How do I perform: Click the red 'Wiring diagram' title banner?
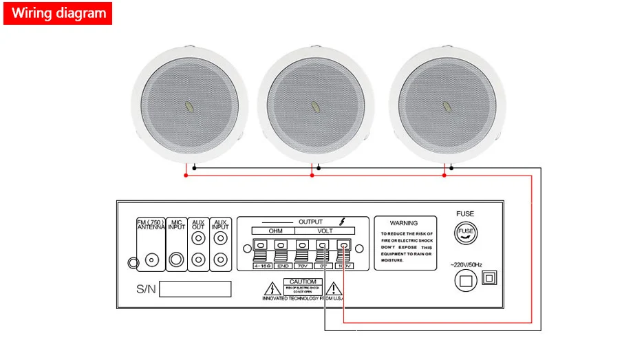point(58,13)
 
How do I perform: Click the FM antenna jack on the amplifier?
point(151,260)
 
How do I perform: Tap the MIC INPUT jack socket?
point(178,260)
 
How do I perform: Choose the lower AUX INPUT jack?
point(220,260)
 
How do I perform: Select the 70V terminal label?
point(301,265)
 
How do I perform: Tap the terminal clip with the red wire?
point(343,245)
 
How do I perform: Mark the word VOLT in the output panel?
point(323,231)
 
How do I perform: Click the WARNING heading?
point(404,223)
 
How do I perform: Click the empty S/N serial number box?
point(195,288)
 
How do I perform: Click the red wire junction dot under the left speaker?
point(185,176)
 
